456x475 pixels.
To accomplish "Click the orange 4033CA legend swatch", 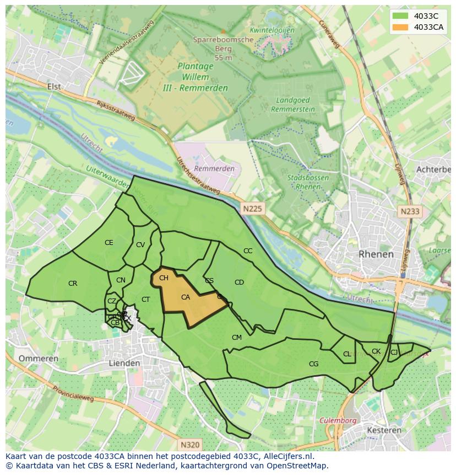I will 400,27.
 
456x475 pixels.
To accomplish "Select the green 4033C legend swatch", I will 400,16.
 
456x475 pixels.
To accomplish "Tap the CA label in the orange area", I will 186,297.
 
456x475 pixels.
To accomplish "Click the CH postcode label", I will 164,278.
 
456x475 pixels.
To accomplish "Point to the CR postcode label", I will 73,284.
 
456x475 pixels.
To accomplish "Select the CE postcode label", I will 109,243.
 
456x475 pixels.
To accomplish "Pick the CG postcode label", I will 313,364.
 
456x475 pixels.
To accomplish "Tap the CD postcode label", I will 239,282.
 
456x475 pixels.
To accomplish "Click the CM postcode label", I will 237,338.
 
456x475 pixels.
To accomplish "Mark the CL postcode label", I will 347,354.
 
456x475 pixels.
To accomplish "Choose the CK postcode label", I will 376,351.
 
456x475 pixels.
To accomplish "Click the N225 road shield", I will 252,209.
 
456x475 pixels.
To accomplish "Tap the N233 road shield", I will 410,211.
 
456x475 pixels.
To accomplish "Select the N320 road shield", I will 189,444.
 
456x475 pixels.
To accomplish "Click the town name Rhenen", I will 376,254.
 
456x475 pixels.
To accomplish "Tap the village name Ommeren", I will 39,359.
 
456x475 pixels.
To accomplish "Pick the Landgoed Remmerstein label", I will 293,105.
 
